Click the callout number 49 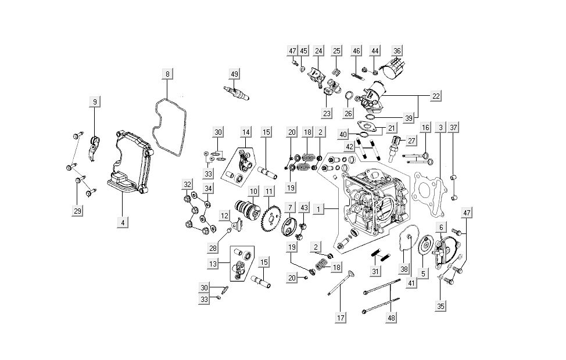point(234,74)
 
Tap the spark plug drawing point(237,93)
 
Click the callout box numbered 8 point(167,74)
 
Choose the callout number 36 point(397,51)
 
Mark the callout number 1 point(318,208)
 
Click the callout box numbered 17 point(341,318)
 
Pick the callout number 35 point(441,305)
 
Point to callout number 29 point(77,211)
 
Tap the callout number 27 point(410,140)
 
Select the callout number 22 point(435,94)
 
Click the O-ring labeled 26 point(350,96)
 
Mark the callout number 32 point(187,185)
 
